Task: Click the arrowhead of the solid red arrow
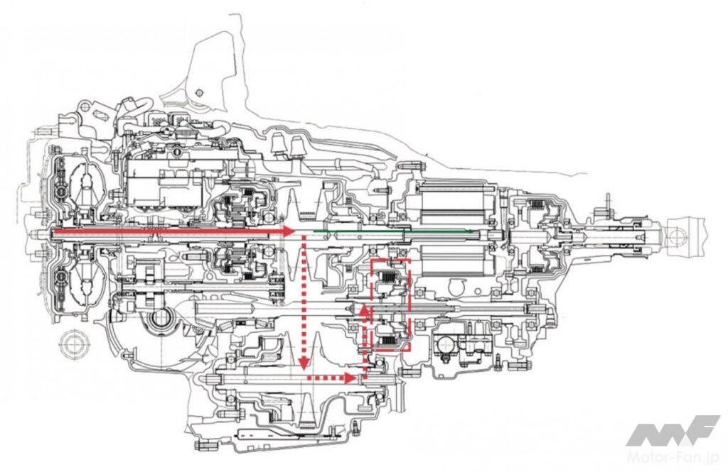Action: [x=289, y=232]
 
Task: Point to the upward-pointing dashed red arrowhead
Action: [x=363, y=310]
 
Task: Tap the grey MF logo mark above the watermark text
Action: [x=673, y=431]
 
